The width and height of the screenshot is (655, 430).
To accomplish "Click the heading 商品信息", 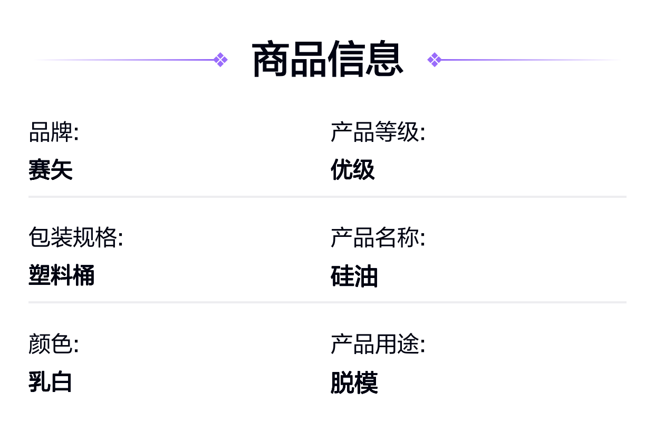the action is (x=328, y=59).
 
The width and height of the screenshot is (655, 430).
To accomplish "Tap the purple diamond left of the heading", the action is (x=220, y=60).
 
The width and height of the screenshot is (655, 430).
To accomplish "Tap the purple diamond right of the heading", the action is (x=435, y=60).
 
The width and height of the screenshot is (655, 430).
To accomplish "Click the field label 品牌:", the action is (x=54, y=132).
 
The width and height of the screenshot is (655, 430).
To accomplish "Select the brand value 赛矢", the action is (x=50, y=169).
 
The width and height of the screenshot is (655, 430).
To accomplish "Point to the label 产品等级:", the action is (x=378, y=132).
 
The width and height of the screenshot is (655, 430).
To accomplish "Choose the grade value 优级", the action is (x=353, y=169).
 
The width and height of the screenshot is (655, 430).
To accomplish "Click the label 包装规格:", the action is (x=76, y=237).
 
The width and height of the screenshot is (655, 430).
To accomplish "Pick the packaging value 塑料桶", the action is (x=61, y=275).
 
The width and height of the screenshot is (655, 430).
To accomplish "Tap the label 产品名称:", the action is (x=378, y=237).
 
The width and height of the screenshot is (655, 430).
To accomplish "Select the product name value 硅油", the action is (x=354, y=276).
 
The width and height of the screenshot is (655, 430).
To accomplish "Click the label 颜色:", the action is (x=54, y=343).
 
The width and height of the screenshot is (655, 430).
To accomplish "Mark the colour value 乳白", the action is (x=50, y=381).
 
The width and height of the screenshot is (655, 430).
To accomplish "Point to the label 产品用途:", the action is (x=378, y=343).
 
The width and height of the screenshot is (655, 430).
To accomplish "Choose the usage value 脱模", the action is (x=354, y=383).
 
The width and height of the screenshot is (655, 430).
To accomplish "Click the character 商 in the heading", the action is (x=271, y=59).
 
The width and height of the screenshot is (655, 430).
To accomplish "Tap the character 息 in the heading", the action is (x=384, y=59).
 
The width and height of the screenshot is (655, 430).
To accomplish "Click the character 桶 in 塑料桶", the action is (x=84, y=275).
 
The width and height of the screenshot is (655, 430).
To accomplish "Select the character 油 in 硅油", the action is (x=366, y=276).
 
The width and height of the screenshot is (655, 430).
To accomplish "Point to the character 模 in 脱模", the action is (x=366, y=383).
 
